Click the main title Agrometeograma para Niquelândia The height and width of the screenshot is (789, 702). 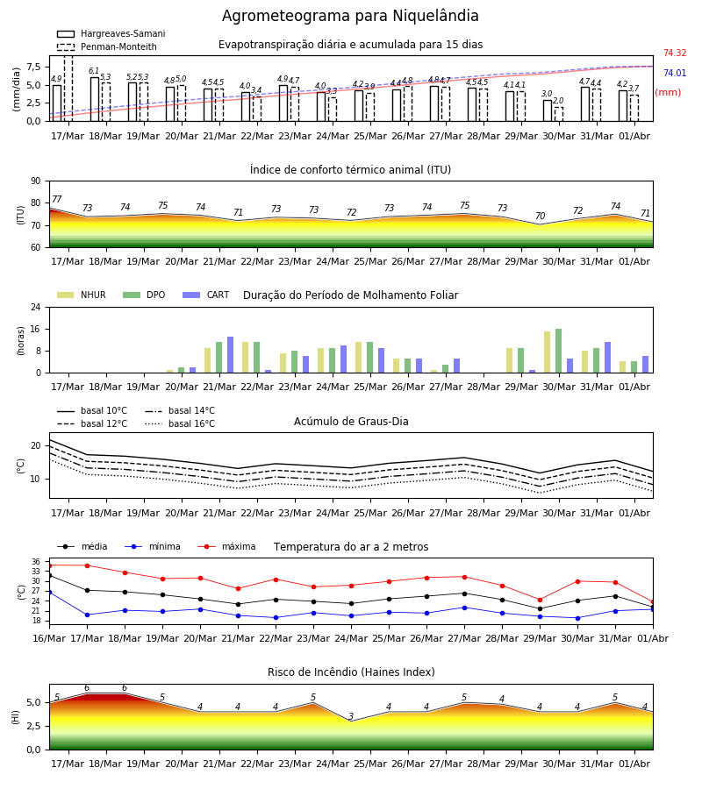coord(350,16)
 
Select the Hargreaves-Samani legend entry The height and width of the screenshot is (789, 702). coord(111,33)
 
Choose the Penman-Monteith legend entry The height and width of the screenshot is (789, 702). coord(107,46)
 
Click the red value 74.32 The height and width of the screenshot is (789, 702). coord(675,53)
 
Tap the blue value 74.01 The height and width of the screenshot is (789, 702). coord(675,73)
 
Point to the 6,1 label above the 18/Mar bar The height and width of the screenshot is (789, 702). coord(94,71)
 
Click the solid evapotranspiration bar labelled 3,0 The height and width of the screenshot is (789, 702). coord(548,110)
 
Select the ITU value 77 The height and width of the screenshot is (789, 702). coord(57,199)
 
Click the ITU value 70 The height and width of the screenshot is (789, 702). coord(540,216)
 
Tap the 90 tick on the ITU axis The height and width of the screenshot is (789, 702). coord(36,181)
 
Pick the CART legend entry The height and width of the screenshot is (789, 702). coord(206,295)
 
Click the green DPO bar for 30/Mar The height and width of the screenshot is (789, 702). coord(558,351)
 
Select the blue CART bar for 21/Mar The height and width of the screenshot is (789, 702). coord(230,355)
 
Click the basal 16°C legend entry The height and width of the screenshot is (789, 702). coord(180,423)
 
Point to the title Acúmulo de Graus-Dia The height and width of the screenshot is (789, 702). coord(351,422)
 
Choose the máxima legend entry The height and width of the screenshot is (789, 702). coord(226,546)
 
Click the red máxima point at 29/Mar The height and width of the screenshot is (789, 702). coord(541,600)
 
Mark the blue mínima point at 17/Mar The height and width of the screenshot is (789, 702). coord(87,615)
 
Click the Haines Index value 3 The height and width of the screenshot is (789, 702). coord(351,716)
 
